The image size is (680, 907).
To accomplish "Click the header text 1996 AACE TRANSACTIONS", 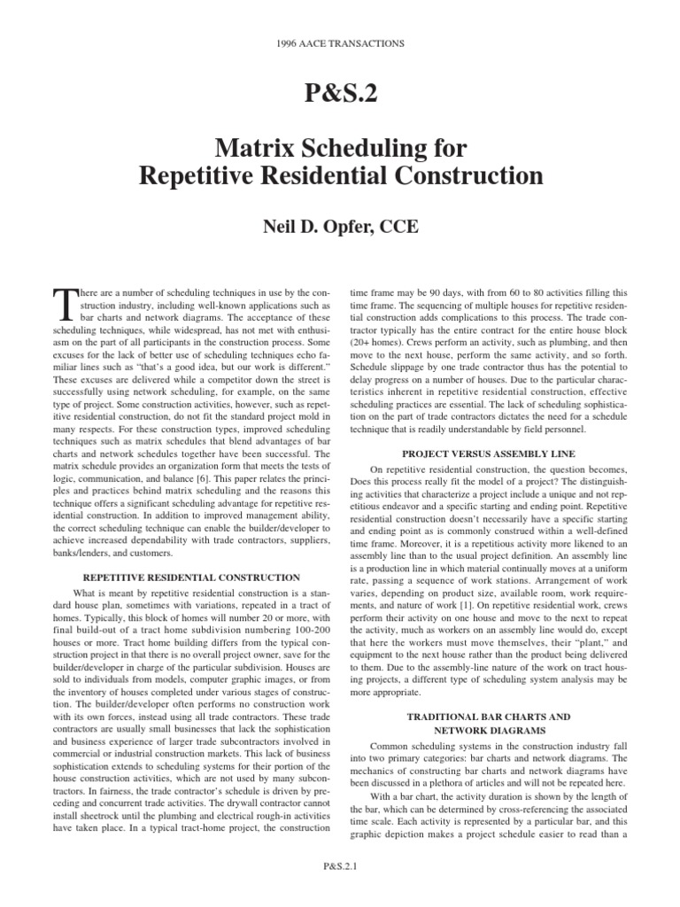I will point(340,43).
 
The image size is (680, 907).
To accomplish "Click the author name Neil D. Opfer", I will point(301,228).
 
